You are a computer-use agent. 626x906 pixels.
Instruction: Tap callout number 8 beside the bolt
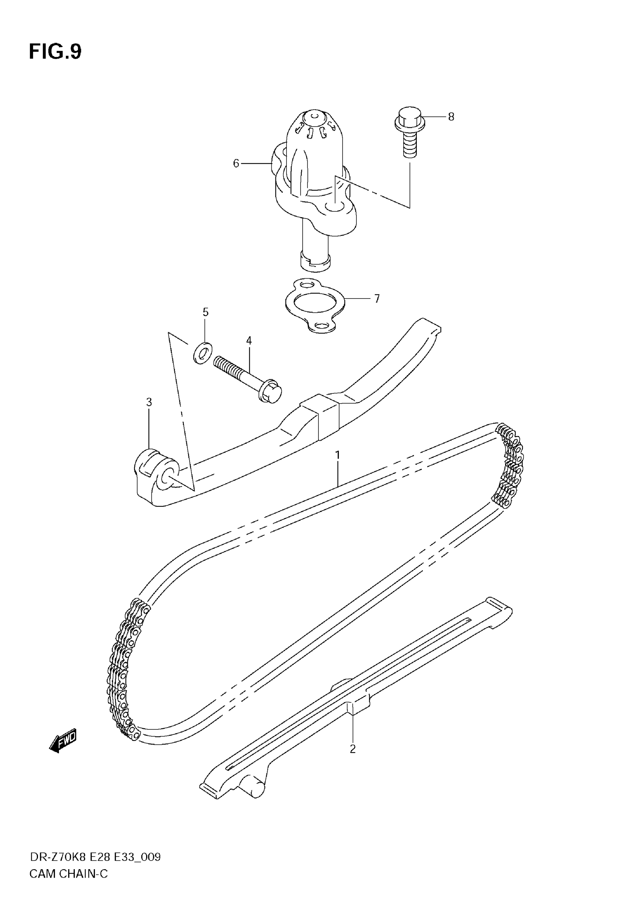point(451,117)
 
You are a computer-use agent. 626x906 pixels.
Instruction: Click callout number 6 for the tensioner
point(236,163)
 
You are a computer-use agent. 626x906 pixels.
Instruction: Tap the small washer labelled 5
point(203,353)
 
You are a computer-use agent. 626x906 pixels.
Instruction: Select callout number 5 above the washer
point(205,312)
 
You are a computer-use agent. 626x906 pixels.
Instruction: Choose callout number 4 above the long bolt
point(249,341)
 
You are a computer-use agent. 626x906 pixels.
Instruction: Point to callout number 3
point(149,402)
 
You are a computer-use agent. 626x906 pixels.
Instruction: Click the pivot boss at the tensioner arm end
point(157,470)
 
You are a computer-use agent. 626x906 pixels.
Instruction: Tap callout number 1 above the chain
point(337,455)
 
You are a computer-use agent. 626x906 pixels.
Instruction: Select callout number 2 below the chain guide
point(353,749)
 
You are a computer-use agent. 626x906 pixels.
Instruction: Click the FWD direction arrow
point(63,741)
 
